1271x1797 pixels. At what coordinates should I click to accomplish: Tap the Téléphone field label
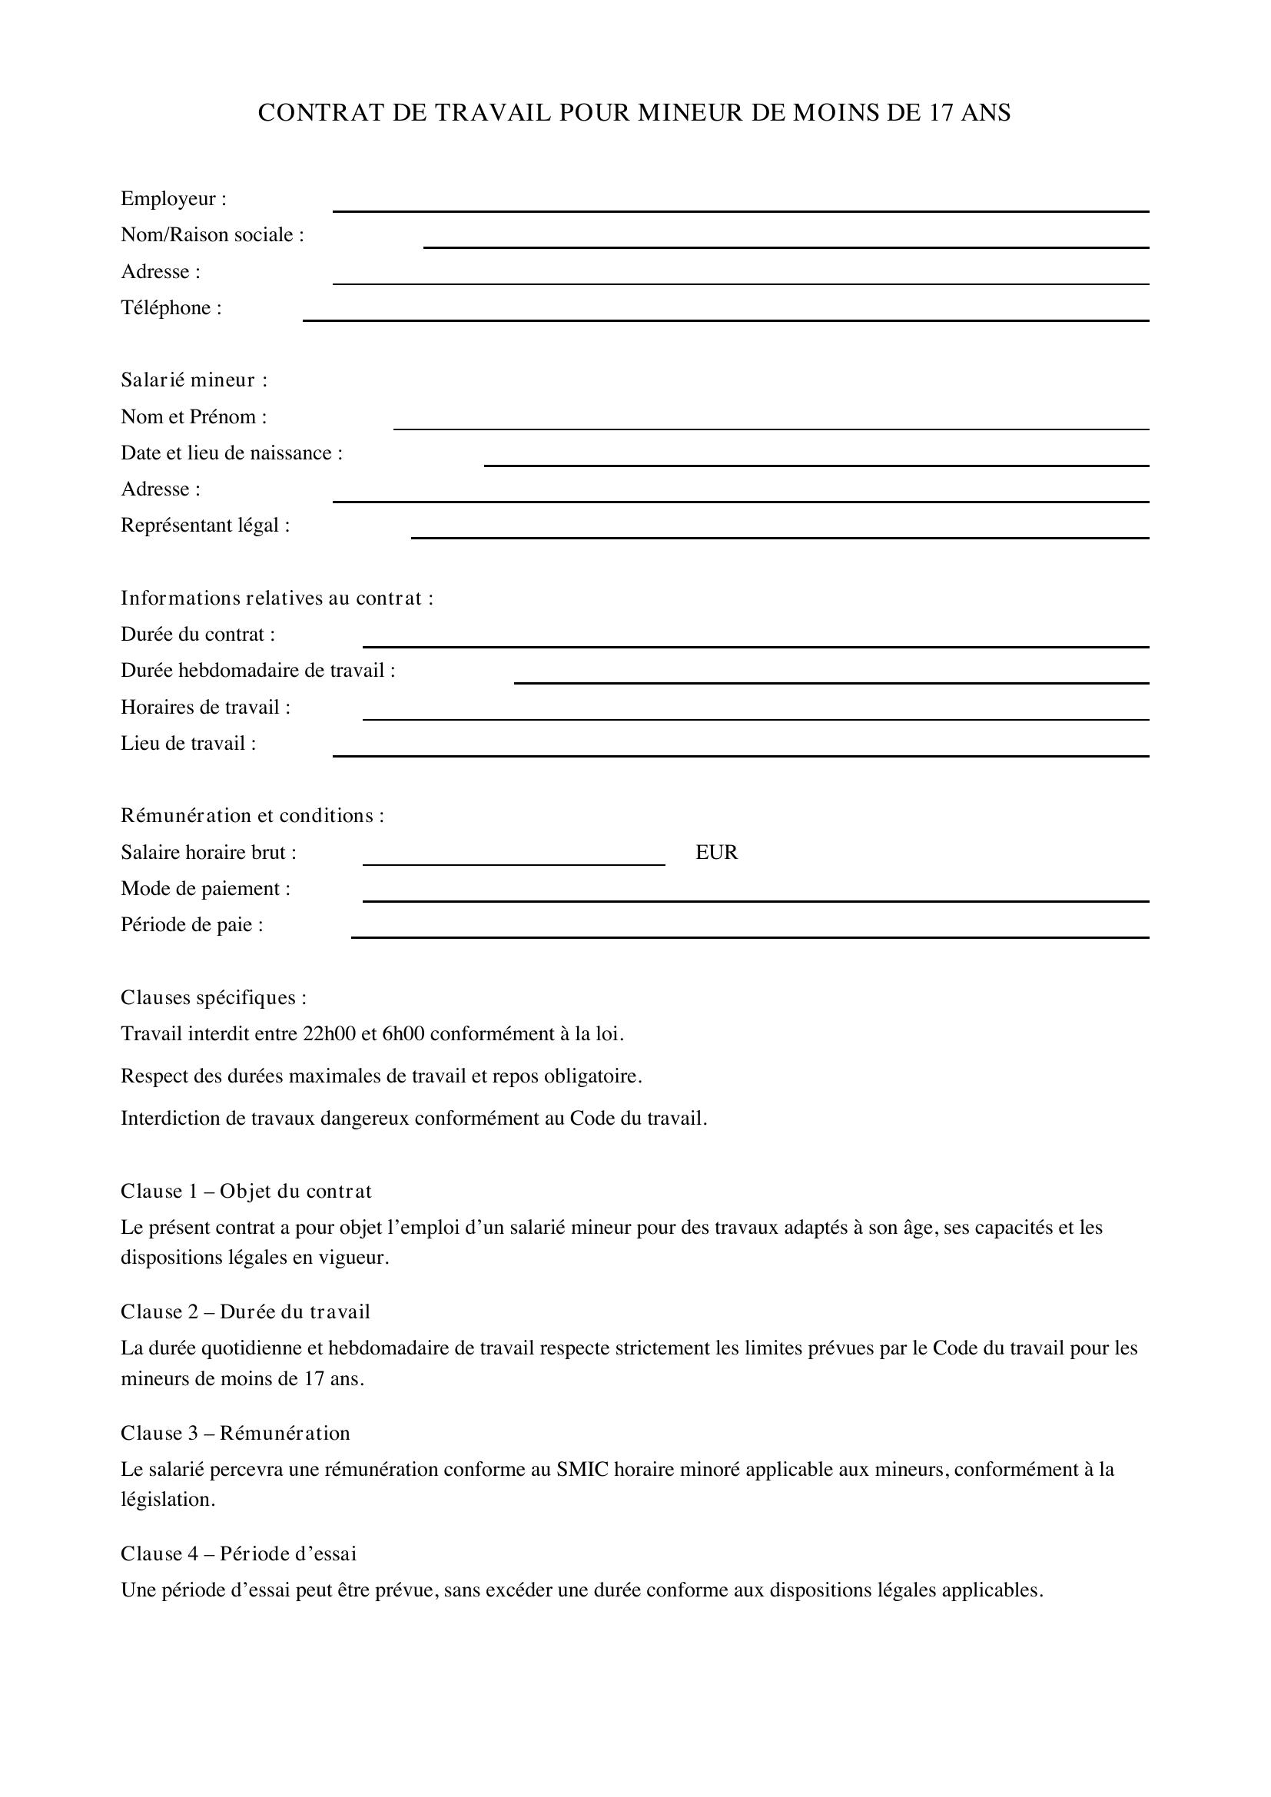tap(171, 307)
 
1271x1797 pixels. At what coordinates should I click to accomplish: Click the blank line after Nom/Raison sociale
tap(786, 247)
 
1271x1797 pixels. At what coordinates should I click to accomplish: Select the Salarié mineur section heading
tap(194, 380)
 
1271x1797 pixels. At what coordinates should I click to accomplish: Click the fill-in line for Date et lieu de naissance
tap(816, 465)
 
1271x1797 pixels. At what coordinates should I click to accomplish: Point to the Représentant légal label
tap(205, 526)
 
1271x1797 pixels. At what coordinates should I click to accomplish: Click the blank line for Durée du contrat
tap(755, 645)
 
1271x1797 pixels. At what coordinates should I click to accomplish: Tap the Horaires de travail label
tap(205, 708)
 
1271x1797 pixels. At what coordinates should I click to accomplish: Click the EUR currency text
tap(716, 852)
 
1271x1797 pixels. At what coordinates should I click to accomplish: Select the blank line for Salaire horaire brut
tap(513, 864)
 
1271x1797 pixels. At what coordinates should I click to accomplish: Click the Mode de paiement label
tap(205, 889)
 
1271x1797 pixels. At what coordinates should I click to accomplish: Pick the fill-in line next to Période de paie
tap(750, 937)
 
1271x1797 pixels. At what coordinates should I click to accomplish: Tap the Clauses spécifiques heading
tap(213, 998)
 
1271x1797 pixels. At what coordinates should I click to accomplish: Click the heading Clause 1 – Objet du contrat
tap(246, 1192)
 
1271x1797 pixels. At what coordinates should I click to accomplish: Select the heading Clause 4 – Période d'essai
tap(238, 1553)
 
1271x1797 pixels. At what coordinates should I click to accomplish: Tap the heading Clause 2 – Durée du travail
tap(245, 1312)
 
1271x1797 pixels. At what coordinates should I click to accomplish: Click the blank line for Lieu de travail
tap(740, 755)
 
